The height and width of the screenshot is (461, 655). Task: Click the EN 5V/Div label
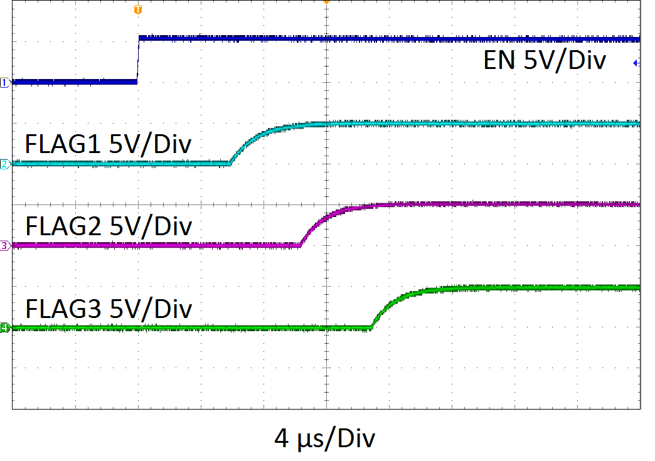[545, 61]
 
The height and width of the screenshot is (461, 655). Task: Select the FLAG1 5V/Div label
[108, 145]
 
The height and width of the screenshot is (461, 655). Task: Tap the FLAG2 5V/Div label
[108, 226]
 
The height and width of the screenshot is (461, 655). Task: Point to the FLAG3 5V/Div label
[108, 309]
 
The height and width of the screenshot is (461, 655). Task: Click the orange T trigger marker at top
[138, 9]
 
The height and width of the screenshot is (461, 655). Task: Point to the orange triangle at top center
[326, 3]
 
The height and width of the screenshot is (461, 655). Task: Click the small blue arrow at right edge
[636, 63]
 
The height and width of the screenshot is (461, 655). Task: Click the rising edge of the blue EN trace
[138, 60]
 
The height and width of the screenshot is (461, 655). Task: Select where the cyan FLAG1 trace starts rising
[230, 162]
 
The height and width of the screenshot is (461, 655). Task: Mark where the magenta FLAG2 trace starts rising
[301, 244]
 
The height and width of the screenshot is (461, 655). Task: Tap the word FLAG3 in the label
[63, 309]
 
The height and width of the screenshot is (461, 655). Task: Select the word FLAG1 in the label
[63, 145]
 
